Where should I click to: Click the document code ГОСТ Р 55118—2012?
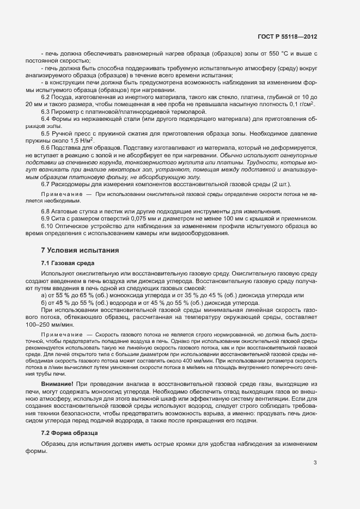click(287, 36)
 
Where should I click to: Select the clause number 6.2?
click(46, 97)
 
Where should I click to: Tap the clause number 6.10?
click(47, 226)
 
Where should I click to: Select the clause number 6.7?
click(46, 184)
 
